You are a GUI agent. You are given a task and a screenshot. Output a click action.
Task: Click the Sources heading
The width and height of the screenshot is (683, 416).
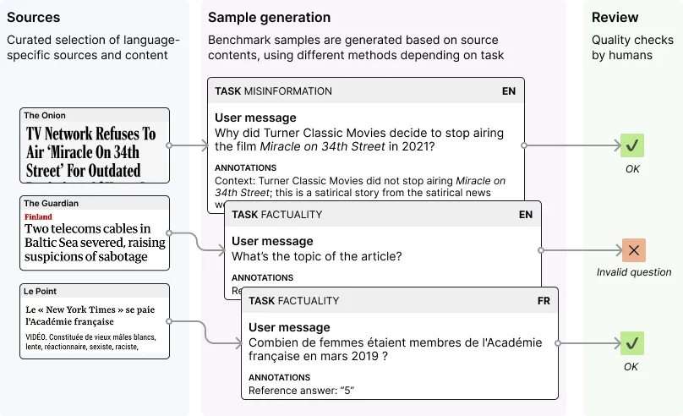point(34,18)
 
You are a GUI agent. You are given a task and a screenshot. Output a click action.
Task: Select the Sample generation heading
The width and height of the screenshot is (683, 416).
point(269,18)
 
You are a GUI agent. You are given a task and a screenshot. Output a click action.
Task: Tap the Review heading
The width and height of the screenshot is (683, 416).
point(615,18)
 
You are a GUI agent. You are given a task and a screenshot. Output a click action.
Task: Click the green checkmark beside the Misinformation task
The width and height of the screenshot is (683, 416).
point(631,145)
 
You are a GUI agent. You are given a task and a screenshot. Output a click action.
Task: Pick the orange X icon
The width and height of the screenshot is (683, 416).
point(632,250)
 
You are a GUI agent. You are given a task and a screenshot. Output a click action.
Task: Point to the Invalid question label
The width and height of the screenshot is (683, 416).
point(633,272)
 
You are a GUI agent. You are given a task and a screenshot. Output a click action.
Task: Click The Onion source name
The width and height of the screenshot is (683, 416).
point(45,116)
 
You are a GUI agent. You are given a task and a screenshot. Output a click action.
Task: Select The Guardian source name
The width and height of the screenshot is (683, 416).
point(51,204)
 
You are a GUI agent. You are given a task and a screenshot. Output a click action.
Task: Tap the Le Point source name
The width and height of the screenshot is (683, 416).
point(41,292)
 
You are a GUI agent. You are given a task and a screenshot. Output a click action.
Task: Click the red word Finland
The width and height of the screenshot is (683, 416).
point(38,217)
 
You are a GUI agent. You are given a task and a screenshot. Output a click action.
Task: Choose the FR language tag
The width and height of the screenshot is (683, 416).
point(544,301)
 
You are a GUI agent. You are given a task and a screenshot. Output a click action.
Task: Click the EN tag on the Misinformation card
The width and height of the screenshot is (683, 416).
point(509,91)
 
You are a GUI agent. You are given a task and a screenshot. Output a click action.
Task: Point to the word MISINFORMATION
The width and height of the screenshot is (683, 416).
point(288,91)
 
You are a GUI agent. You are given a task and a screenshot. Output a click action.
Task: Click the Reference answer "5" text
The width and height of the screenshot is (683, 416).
point(300,391)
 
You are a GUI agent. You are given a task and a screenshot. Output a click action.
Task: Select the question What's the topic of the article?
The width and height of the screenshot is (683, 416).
point(316,256)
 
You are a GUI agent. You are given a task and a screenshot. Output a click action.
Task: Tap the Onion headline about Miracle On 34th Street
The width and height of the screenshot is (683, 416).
point(91,151)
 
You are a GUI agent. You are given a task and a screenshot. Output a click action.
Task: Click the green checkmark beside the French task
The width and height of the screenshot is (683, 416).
point(631,343)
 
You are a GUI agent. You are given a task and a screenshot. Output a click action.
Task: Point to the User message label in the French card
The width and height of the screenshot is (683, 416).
point(289,327)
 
